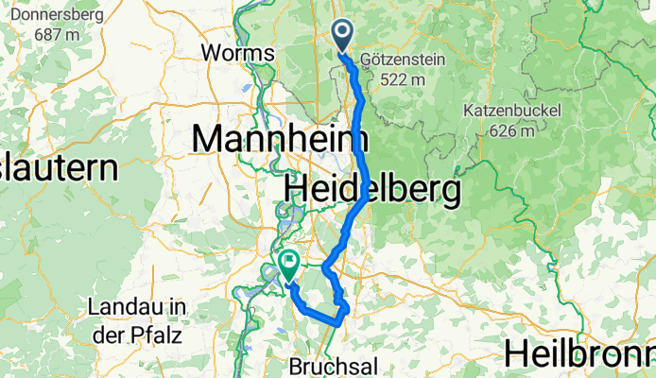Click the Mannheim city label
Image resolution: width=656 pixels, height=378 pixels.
pyautogui.click(x=280, y=140)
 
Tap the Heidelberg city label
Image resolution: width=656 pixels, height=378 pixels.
pyautogui.click(x=371, y=191)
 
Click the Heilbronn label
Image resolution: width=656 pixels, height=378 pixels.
pyautogui.click(x=579, y=352)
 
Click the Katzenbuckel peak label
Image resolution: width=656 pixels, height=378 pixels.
pyautogui.click(x=511, y=112)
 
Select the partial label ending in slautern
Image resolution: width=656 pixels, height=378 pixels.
pyautogui.click(x=59, y=168)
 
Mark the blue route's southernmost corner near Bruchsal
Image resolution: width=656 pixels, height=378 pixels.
pyautogui.click(x=337, y=323)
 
